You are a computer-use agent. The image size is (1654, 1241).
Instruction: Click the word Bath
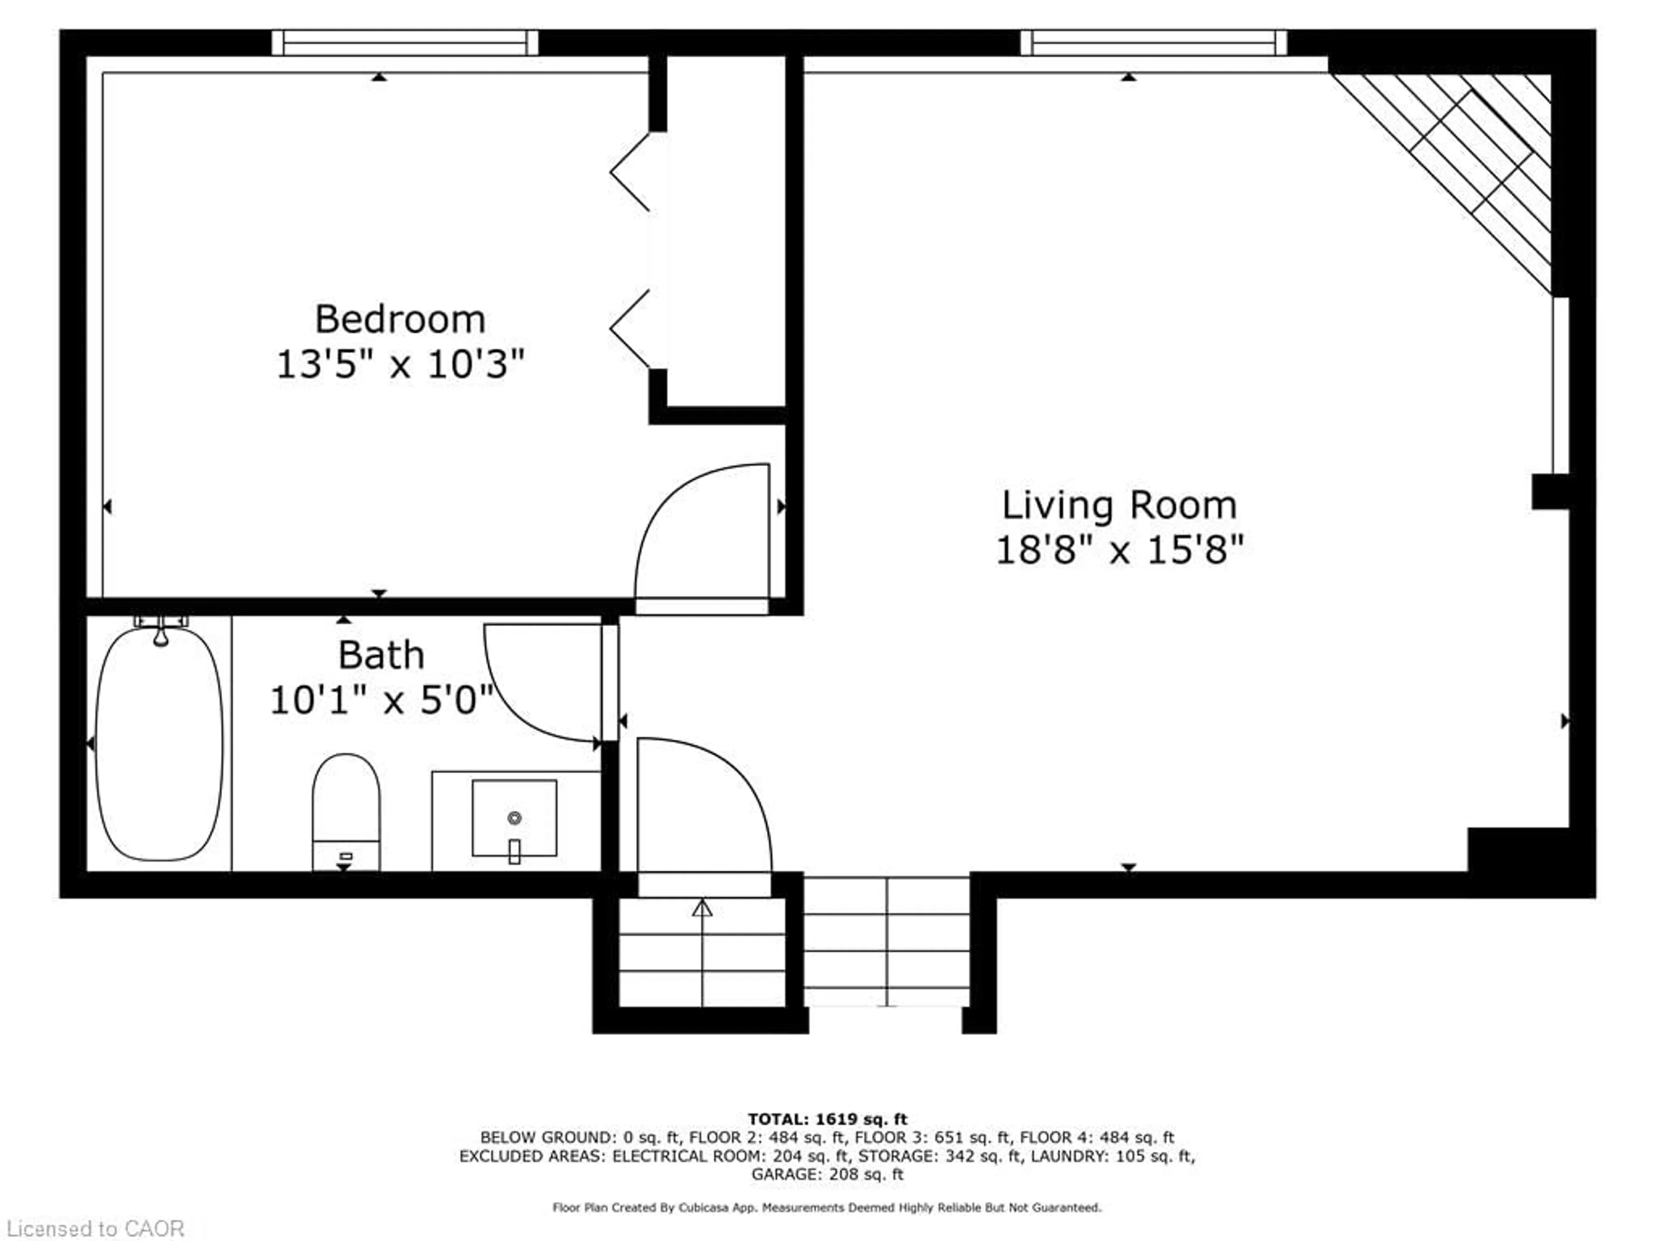(x=381, y=655)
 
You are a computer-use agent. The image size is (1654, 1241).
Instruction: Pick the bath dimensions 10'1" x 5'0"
(x=381, y=701)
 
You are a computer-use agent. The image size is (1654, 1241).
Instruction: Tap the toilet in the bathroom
(x=345, y=812)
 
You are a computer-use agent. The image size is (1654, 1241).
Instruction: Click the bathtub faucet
(x=161, y=630)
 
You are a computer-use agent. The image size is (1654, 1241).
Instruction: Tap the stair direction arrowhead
(x=702, y=907)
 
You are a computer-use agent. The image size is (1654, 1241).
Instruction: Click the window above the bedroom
(x=404, y=43)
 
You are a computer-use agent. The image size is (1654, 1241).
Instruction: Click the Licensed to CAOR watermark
(x=95, y=1228)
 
